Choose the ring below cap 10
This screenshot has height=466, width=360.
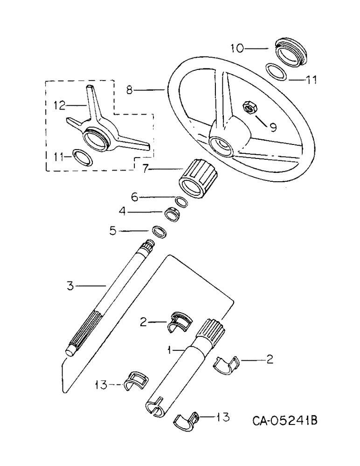pos(277,72)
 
